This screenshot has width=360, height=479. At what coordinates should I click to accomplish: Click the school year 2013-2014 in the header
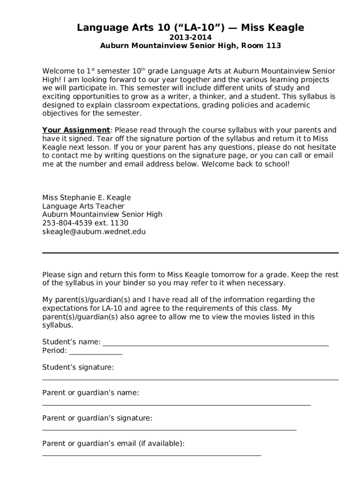190,37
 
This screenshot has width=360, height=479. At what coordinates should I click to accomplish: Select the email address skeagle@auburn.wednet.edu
94,232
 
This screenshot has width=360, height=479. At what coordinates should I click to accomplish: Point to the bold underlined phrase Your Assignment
76,130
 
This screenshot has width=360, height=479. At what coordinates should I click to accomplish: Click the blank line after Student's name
216,344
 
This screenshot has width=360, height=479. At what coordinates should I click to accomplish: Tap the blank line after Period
95,353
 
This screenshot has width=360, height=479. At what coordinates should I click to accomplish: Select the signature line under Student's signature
190,379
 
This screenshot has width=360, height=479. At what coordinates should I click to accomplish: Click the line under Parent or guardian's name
176,405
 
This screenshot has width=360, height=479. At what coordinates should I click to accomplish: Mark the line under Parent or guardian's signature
169,429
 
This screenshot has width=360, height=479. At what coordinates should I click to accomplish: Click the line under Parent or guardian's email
151,455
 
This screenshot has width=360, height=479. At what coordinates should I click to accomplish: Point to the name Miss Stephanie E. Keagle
86,197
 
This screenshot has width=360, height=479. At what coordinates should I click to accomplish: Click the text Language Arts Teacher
83,206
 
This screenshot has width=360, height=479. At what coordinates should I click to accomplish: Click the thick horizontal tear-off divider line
190,253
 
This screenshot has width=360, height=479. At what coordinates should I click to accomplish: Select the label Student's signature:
78,368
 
